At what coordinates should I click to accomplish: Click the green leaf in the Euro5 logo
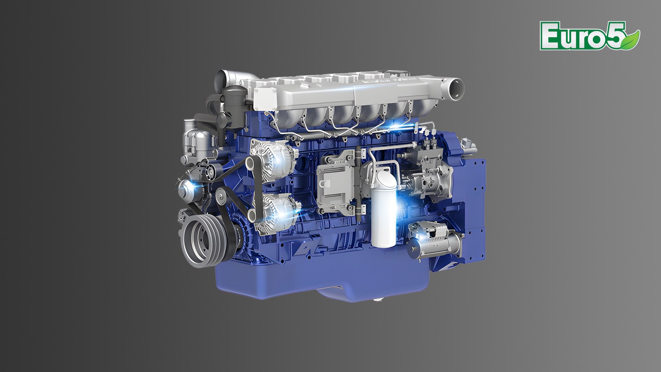(630, 40)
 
